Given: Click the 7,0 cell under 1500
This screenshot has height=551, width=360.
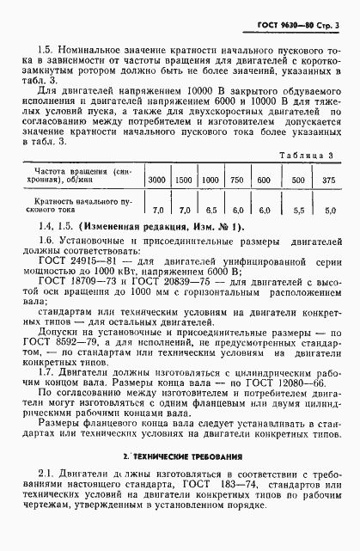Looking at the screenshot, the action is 184,209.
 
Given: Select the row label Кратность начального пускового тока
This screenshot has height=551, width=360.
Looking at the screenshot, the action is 81,204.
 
